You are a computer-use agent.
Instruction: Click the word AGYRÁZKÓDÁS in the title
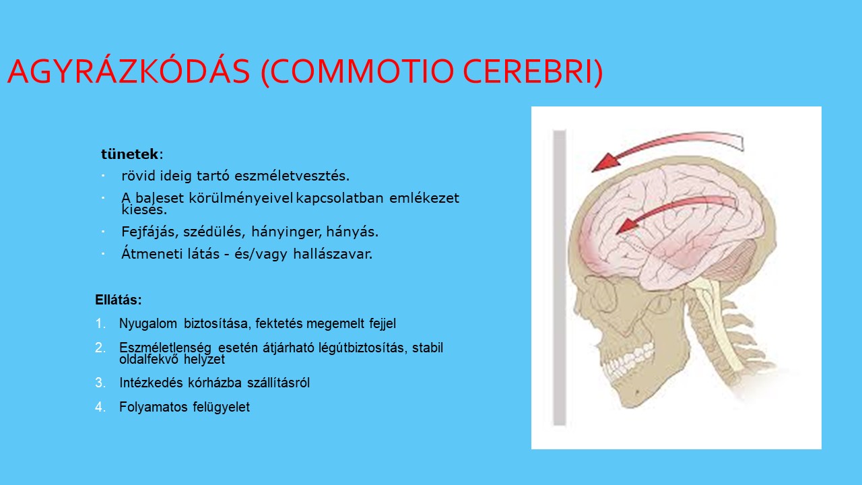coord(129,71)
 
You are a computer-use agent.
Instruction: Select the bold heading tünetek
coord(130,154)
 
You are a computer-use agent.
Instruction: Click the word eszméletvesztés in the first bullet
coord(292,176)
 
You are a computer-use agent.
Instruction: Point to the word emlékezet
coord(424,198)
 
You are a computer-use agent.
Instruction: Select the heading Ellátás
coord(119,300)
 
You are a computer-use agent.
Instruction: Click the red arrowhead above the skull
coord(605,162)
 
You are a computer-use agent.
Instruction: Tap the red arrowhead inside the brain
coord(626,226)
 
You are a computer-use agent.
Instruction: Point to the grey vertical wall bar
coord(559,278)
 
